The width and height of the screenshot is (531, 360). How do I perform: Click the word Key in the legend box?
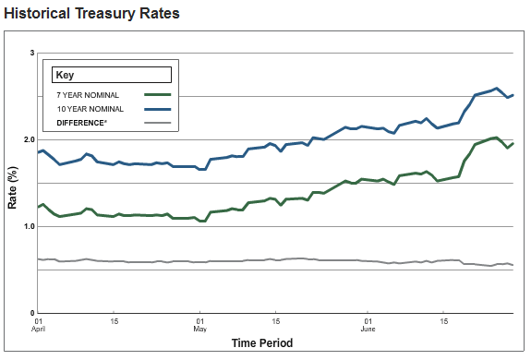65,75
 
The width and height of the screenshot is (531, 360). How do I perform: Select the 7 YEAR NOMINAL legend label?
89,94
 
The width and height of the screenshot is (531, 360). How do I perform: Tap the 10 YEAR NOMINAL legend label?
91,109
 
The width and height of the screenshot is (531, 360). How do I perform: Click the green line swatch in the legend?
158,94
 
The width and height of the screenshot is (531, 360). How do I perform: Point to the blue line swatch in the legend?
158,109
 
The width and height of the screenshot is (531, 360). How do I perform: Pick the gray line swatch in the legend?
158,123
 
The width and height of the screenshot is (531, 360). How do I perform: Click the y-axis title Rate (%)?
13,185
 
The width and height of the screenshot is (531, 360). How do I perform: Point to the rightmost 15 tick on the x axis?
444,321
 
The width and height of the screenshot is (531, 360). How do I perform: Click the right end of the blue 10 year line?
513,94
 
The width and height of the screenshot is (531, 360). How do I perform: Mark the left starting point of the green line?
38,207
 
